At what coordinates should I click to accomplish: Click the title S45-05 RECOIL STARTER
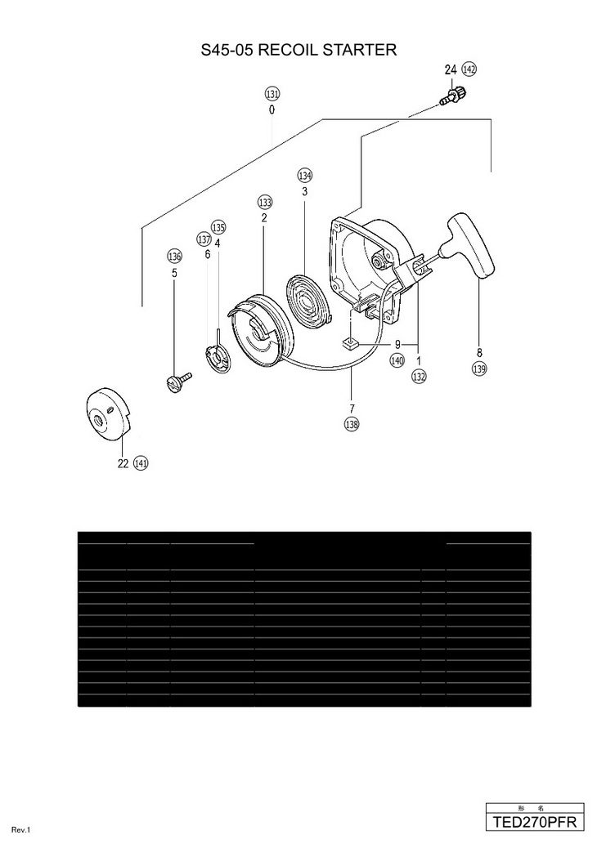[298, 51]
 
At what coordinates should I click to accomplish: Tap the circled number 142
[469, 69]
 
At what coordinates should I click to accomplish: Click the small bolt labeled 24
[450, 97]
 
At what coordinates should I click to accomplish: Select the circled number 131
[272, 93]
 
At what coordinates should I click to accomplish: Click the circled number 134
[305, 176]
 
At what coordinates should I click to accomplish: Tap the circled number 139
[479, 368]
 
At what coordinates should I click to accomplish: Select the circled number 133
[264, 203]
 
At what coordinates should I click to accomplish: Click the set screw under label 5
[178, 380]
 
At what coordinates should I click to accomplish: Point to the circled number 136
[174, 257]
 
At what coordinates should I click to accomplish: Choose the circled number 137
[204, 239]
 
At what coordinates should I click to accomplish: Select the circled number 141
[141, 463]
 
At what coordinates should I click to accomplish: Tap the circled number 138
[352, 423]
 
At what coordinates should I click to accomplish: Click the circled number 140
[397, 359]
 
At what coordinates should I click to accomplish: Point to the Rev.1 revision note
[21, 831]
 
